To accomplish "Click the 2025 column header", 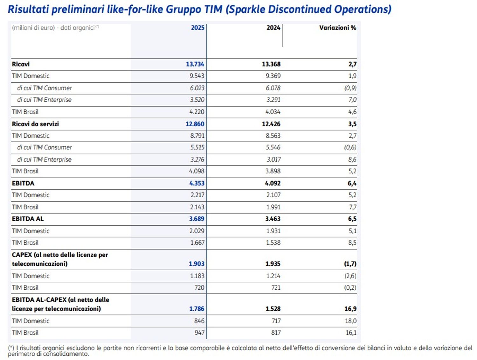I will pyautogui.click(x=197, y=28).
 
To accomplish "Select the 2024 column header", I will pyautogui.click(x=273, y=28).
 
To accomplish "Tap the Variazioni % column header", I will pyautogui.click(x=337, y=28).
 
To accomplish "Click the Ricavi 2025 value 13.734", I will pyautogui.click(x=195, y=64).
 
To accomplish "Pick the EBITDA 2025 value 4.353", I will pyautogui.click(x=197, y=183).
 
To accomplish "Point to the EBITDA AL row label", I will pyautogui.click(x=28, y=219).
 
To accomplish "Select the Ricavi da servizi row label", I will pyautogui.click(x=35, y=124).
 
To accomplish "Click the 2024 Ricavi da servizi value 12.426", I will pyautogui.click(x=271, y=124).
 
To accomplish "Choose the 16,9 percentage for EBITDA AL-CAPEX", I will pyautogui.click(x=350, y=309).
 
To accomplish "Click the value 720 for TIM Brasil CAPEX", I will pyautogui.click(x=199, y=288).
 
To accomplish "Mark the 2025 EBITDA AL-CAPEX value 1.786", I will pyautogui.click(x=197, y=309).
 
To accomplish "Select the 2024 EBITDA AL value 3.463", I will pyautogui.click(x=273, y=219).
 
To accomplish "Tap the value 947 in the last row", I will pyautogui.click(x=199, y=333).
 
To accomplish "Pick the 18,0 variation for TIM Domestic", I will pyautogui.click(x=350, y=321).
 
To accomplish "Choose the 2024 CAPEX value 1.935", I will pyautogui.click(x=273, y=264).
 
